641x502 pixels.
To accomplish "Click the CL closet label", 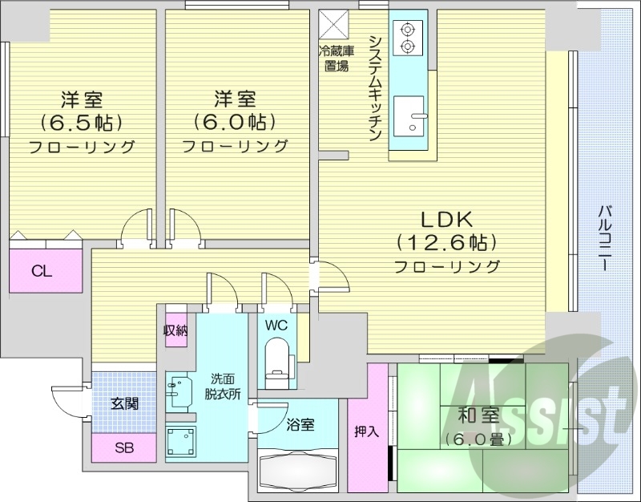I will pyautogui.click(x=42, y=271).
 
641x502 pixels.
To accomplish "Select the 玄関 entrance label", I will pyautogui.click(x=125, y=403).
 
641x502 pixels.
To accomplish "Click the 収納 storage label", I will pyautogui.click(x=176, y=330).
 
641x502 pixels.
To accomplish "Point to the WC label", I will pyautogui.click(x=276, y=326).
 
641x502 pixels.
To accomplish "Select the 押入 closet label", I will pyautogui.click(x=367, y=431).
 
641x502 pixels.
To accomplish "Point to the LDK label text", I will pyautogui.click(x=447, y=218).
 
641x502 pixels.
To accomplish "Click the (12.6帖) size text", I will pyautogui.click(x=447, y=241).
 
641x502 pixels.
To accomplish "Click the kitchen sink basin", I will pyautogui.click(x=413, y=117).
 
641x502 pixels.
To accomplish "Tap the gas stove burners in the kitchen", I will pyautogui.click(x=408, y=37).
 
